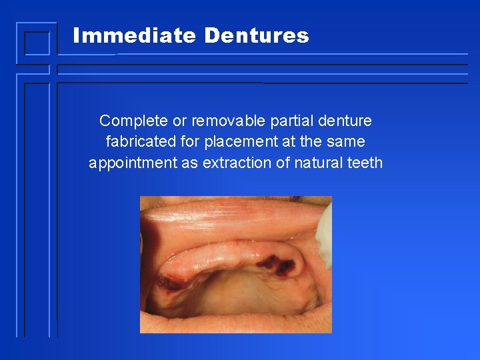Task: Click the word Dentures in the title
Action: [257, 35]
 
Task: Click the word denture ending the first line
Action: [345, 121]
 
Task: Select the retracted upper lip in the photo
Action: [227, 217]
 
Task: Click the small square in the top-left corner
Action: [37, 43]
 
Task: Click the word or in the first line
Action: [179, 121]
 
